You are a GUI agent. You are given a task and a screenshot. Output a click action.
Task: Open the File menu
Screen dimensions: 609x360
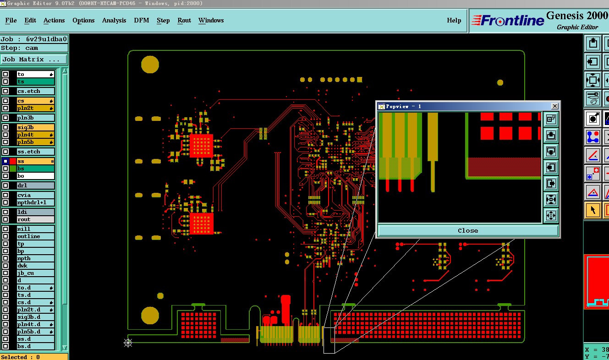11,20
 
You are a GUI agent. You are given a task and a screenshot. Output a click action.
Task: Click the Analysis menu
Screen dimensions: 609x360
114,20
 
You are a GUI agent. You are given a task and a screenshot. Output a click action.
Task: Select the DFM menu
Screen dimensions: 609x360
142,20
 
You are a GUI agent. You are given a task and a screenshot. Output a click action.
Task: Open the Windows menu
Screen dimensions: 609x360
211,20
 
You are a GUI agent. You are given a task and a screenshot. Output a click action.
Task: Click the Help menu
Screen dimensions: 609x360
454,20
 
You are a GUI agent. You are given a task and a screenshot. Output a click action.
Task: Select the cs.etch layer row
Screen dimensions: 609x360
35,91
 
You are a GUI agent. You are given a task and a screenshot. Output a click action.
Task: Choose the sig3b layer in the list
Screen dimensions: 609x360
35,127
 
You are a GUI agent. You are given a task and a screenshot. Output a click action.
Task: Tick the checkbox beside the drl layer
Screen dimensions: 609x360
5,185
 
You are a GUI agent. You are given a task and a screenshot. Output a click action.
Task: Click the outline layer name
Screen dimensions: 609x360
28,236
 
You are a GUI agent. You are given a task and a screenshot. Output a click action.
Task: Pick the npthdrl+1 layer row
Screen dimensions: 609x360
35,202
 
